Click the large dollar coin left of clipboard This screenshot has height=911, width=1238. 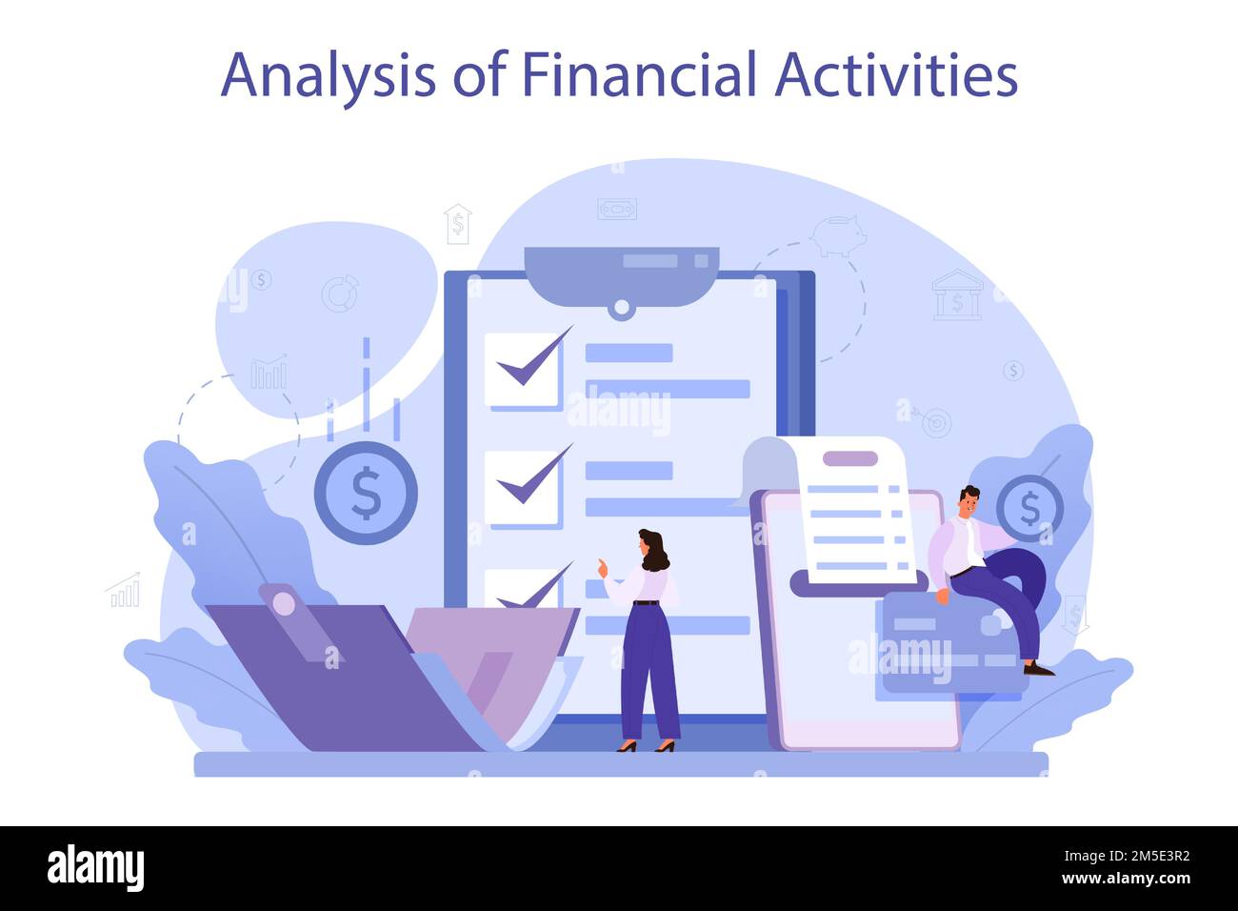click(366, 493)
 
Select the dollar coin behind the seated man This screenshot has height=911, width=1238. click(1029, 508)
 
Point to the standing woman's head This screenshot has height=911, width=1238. click(652, 548)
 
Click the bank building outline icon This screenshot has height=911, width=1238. click(956, 294)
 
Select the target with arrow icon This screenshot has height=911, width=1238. click(935, 422)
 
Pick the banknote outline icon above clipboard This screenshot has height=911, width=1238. click(616, 209)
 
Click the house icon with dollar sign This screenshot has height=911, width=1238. click(458, 224)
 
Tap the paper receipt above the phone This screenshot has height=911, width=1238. click(850, 510)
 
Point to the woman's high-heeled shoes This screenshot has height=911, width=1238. click(646, 746)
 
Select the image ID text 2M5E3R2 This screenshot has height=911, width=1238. click(1137, 857)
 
